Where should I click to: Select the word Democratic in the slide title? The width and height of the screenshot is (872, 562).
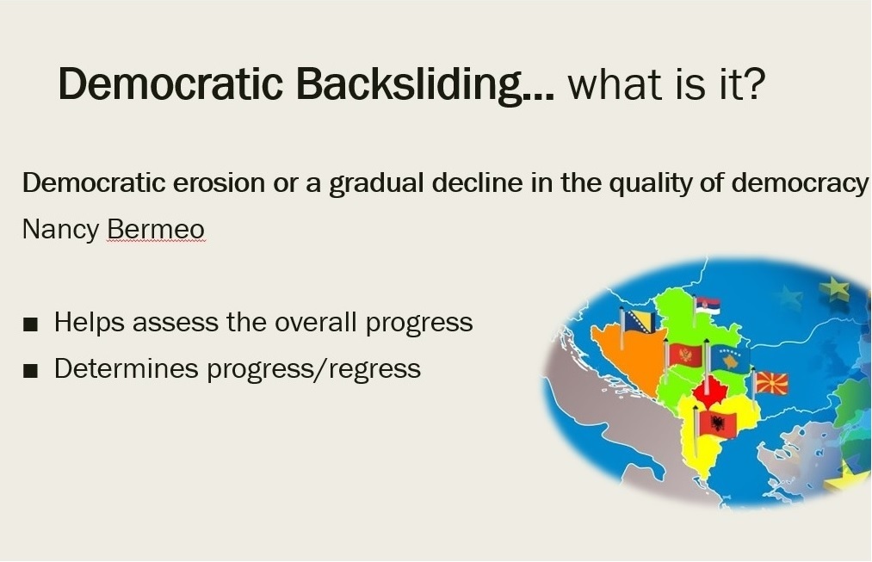click(170, 83)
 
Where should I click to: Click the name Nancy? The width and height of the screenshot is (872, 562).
click(60, 230)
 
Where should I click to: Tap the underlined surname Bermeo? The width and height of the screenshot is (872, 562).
click(156, 230)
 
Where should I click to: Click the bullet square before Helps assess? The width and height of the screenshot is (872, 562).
click(31, 324)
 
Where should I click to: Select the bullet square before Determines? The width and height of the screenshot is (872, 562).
click(31, 370)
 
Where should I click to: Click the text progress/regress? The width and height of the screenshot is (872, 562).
click(313, 369)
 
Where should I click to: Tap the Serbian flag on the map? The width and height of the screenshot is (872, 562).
click(708, 306)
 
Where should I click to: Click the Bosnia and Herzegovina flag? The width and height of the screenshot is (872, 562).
click(640, 321)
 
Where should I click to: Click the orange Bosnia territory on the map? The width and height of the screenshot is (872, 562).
click(626, 359)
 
